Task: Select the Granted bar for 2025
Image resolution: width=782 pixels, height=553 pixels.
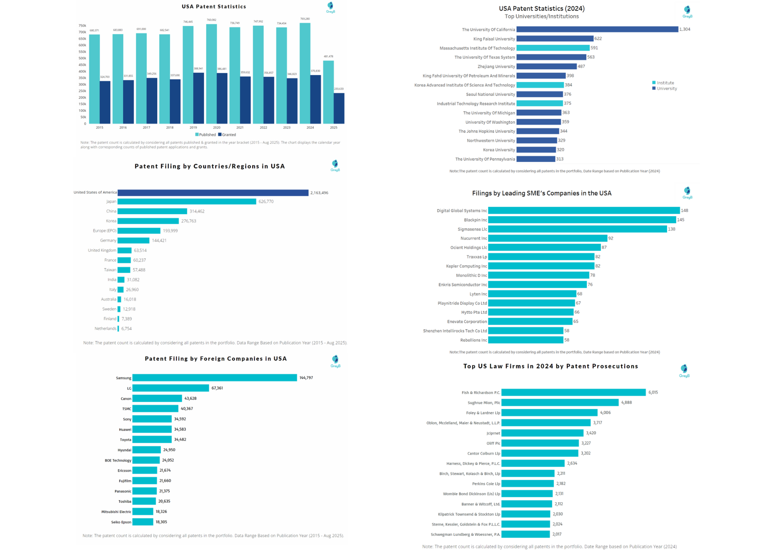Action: [x=339, y=108]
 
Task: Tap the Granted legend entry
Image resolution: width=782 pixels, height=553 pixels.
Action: [x=227, y=135]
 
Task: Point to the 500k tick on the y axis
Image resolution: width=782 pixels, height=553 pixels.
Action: [x=82, y=58]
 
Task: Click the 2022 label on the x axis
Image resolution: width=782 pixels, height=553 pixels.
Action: [x=264, y=127]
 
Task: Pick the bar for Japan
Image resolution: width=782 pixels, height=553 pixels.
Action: [x=187, y=202]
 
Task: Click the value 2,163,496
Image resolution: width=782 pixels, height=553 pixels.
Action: [x=319, y=193]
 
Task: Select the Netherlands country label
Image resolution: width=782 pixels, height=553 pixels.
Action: [x=105, y=329]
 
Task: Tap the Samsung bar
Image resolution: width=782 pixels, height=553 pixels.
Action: [x=215, y=378]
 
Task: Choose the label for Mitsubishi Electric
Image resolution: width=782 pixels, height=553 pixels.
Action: [x=116, y=512]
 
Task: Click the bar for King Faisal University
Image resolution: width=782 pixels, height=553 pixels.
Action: [x=555, y=39]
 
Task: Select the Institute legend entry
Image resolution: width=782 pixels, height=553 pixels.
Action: [x=663, y=83]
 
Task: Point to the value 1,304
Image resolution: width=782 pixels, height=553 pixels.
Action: [x=685, y=29]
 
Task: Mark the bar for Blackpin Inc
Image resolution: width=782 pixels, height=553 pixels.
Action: [x=582, y=220]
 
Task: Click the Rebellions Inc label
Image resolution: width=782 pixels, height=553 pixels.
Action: [x=474, y=340]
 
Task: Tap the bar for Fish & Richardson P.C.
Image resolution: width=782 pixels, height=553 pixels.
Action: [x=574, y=392]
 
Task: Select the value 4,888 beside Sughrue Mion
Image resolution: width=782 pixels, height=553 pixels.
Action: [x=626, y=403]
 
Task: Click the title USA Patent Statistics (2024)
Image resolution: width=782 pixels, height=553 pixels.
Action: [x=542, y=9]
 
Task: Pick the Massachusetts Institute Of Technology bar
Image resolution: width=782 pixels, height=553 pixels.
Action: [x=553, y=48]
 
